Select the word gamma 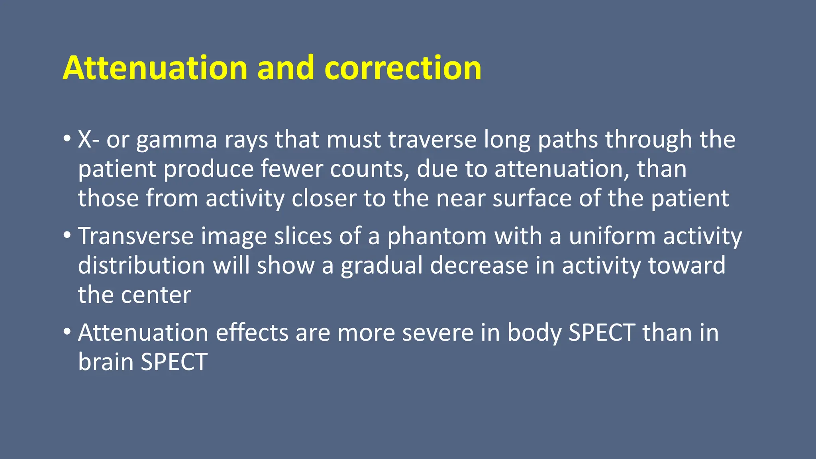pyautogui.click(x=177, y=140)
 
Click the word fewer pyautogui.click(x=292, y=169)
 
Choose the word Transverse pyautogui.click(x=135, y=236)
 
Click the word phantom pyautogui.click(x=437, y=237)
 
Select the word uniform pyautogui.click(x=612, y=236)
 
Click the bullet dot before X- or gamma pyautogui.click(x=67, y=139)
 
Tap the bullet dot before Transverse pyautogui.click(x=67, y=236)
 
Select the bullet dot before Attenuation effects pyautogui.click(x=67, y=332)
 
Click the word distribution pyautogui.click(x=141, y=265)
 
